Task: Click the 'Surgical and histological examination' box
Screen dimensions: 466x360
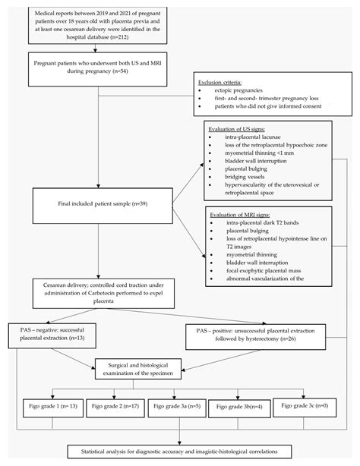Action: pyautogui.click(x=151, y=368)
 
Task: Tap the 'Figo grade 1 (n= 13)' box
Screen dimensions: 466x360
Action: pyautogui.click(x=49, y=407)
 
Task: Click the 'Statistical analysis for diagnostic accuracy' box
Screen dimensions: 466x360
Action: pyautogui.click(x=179, y=452)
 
